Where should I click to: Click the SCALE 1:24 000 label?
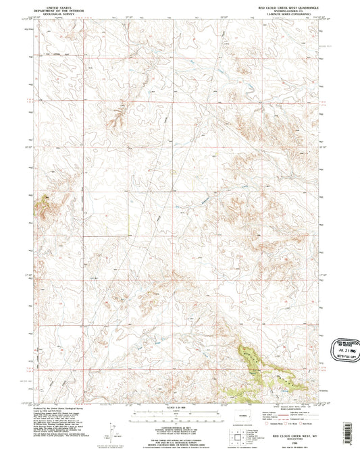179,409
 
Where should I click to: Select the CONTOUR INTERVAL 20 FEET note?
179,427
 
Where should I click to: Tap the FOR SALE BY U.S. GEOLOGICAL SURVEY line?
179,435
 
